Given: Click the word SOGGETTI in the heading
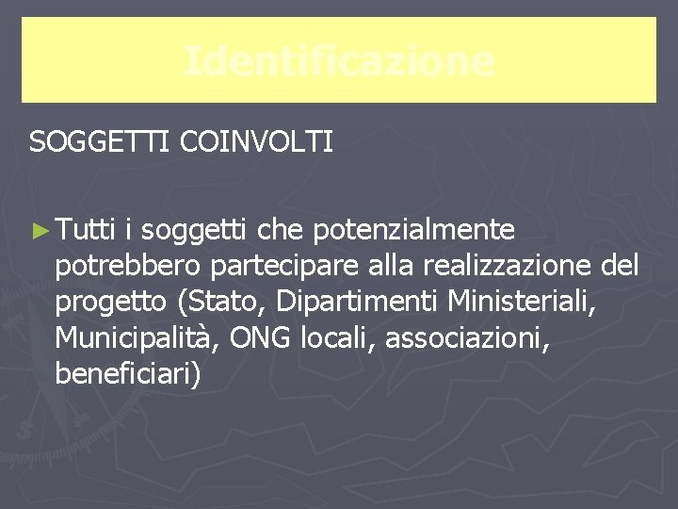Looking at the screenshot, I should click(x=98, y=143).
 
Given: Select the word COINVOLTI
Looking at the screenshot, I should click(x=255, y=143).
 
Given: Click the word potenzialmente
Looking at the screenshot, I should click(x=413, y=230).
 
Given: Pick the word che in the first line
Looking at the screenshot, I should click(x=281, y=229).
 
